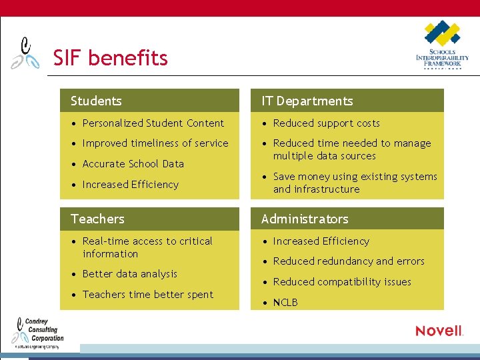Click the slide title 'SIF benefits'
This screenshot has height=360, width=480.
[x=110, y=58]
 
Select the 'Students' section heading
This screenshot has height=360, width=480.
[x=96, y=101]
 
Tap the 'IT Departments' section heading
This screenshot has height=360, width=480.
[x=307, y=101]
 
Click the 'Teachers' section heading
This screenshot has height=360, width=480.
[x=97, y=219]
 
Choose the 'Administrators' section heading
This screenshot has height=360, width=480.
[x=305, y=219]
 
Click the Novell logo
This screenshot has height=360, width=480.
[x=439, y=331]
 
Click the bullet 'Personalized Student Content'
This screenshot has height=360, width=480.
[x=153, y=123]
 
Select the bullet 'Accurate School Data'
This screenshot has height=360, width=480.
[x=133, y=164]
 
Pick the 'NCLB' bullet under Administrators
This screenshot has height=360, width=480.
[x=285, y=303]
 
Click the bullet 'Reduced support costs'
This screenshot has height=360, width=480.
[x=326, y=123]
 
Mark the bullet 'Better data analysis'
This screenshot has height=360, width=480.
[x=129, y=274]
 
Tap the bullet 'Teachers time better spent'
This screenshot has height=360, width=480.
[x=147, y=295]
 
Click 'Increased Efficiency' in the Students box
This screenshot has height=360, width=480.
[x=130, y=185]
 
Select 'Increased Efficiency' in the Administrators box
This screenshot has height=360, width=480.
[x=321, y=241]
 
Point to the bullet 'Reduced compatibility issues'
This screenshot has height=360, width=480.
[x=342, y=282]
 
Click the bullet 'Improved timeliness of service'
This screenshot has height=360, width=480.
[x=155, y=143]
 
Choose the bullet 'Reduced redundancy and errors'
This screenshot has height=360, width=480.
[x=349, y=261]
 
